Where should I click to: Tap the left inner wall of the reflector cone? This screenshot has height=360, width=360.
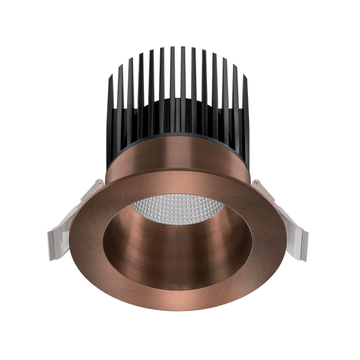tap(117, 240)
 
